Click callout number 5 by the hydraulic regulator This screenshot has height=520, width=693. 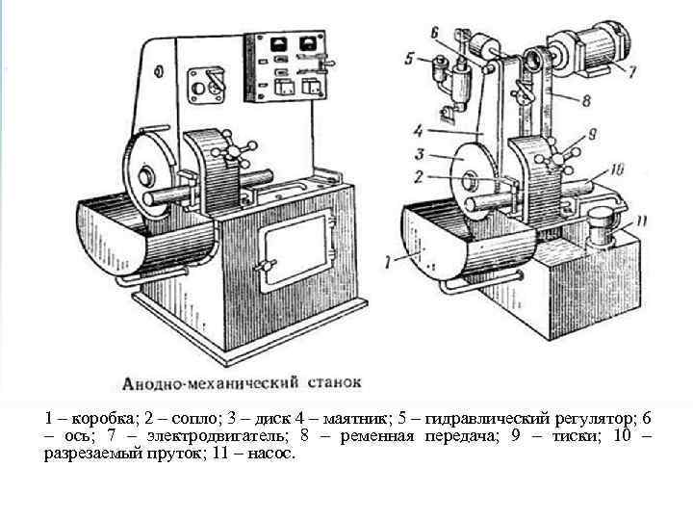[x=412, y=59]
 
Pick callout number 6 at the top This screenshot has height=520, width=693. [x=435, y=33]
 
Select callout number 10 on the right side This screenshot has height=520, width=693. [x=616, y=169]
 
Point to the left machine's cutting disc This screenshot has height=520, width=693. [x=148, y=174]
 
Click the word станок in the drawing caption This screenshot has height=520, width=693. [x=332, y=381]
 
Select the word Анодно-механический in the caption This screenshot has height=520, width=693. [x=207, y=382]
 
